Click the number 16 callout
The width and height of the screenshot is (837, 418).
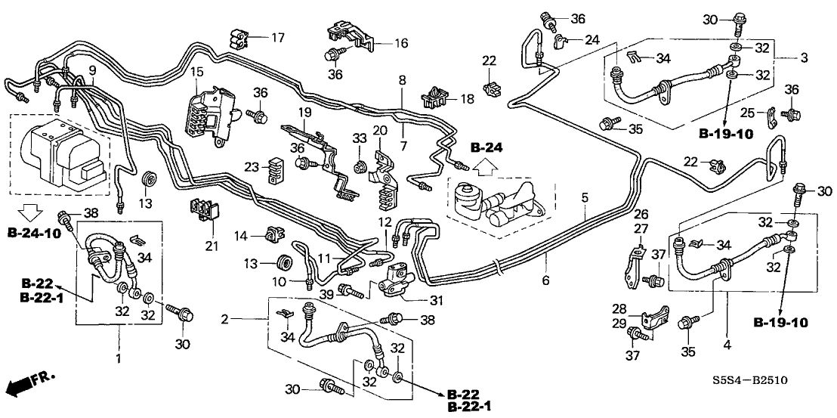pos(400,43)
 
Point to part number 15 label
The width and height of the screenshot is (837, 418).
pos(196,72)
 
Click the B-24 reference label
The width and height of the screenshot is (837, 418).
pos(485,146)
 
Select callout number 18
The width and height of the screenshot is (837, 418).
pos(467,98)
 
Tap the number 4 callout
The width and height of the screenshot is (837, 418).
pos(727,345)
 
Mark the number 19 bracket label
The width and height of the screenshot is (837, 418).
pos(304,113)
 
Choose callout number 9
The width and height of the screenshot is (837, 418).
pos(91,70)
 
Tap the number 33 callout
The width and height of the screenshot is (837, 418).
pos(359,138)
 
